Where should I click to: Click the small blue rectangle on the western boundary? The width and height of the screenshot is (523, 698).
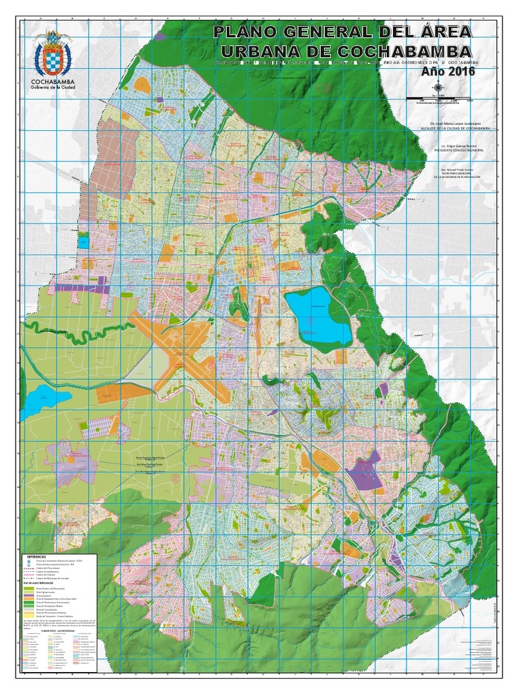83,241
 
